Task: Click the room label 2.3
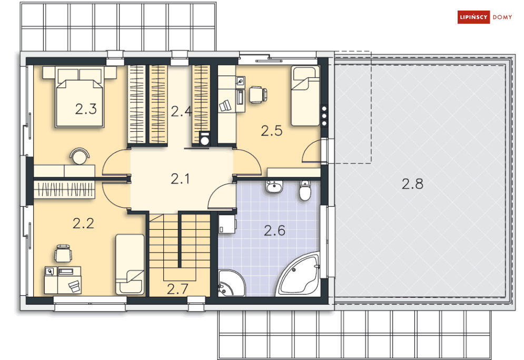pos(85,110)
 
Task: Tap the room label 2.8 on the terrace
pos(412,184)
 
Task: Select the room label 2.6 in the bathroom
pos(274,230)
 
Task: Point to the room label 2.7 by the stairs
pos(177,288)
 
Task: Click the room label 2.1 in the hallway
pos(180,179)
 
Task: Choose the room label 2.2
pos(83,223)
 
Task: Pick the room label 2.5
pos(272,131)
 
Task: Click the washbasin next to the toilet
pos(274,187)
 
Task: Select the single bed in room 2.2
pos(130,264)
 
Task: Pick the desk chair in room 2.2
pos(63,252)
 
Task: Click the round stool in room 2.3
pos(80,156)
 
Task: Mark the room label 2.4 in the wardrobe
pos(180,111)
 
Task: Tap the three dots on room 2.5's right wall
pos(324,116)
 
